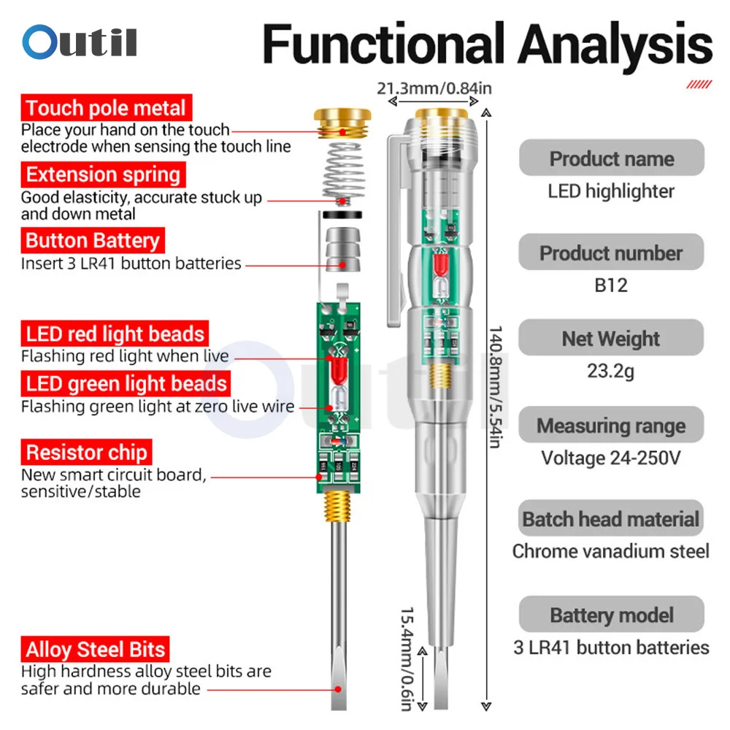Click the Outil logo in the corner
(79, 42)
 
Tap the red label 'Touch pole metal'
(106, 109)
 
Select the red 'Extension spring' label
(102, 174)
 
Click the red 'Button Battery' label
(92, 240)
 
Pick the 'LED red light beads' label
(115, 334)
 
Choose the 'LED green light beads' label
(126, 383)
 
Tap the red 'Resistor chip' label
(87, 452)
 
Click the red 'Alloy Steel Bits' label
(96, 649)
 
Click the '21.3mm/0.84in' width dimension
(434, 89)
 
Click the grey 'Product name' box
(611, 158)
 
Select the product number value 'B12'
(611, 285)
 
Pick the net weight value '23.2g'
(611, 372)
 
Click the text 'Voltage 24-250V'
(611, 458)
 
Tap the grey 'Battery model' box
(611, 615)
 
